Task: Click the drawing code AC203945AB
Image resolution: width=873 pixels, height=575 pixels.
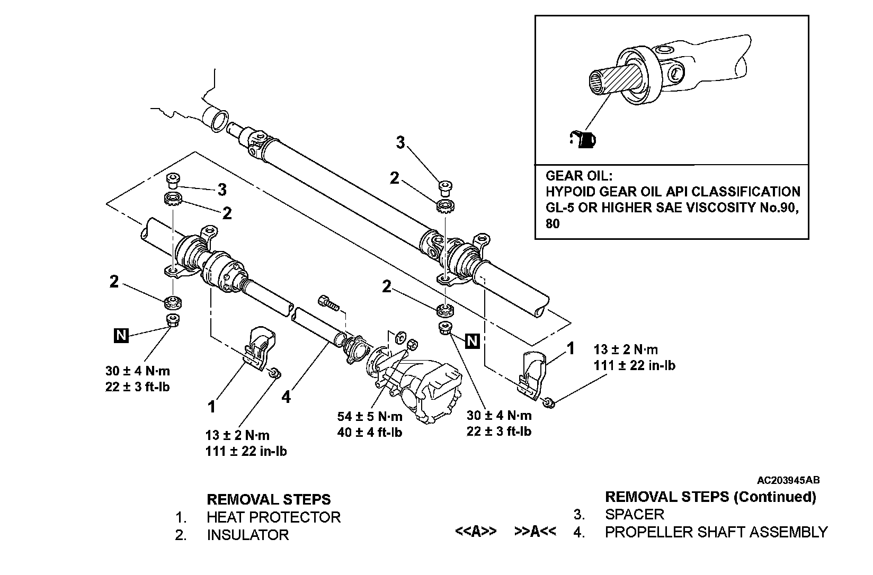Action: point(788,481)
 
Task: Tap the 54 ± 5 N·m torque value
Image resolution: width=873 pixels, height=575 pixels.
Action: point(370,416)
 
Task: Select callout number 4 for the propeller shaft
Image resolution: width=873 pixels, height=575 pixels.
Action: point(286,397)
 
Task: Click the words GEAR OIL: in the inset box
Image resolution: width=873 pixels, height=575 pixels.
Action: point(579,175)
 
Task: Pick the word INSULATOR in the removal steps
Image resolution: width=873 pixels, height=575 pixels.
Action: point(248,535)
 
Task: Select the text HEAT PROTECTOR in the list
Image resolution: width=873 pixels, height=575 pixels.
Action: point(273,517)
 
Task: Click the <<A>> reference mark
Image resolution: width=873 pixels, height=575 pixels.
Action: point(476,532)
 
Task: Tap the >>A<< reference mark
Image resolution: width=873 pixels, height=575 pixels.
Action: point(535,532)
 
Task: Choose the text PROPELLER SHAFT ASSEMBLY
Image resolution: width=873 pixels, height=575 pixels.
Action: point(716,532)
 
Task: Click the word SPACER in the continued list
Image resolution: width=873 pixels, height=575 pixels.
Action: point(634,514)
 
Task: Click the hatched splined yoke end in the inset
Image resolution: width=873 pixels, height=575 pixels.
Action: point(614,80)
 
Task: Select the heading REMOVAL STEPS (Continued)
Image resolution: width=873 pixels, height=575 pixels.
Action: point(710,497)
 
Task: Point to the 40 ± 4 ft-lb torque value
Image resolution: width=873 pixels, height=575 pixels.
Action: point(370,433)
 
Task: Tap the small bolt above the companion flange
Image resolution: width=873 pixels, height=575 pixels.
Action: point(328,303)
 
